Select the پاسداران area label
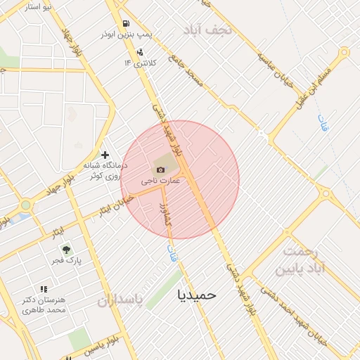(120, 302)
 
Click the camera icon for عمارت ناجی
(161, 169)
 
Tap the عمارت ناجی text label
(161, 181)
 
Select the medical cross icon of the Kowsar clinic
(105, 155)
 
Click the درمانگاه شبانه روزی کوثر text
(103, 170)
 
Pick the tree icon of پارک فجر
(66, 249)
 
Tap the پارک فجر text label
(66, 261)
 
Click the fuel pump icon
(126, 23)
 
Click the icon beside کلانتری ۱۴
(140, 51)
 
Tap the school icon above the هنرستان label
(44, 289)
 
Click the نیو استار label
(38, 7)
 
